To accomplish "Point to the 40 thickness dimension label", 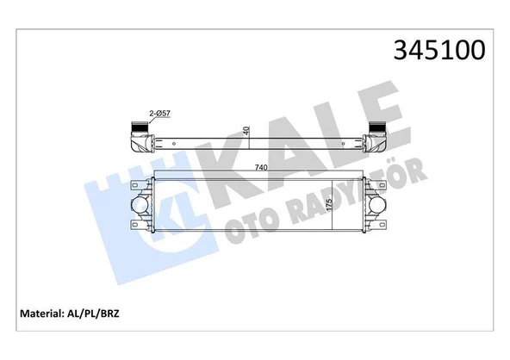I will point(246,131).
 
